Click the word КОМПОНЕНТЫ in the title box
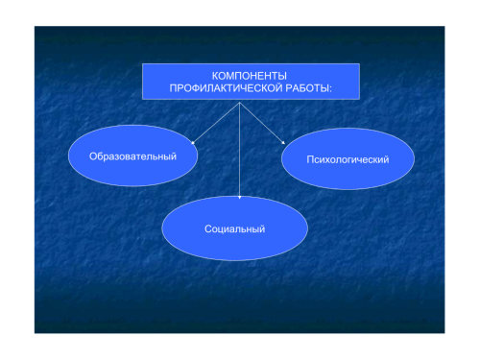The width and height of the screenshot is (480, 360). [250, 76]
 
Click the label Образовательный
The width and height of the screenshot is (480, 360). [132, 156]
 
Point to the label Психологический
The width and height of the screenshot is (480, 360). [348, 159]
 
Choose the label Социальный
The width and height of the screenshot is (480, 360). [235, 228]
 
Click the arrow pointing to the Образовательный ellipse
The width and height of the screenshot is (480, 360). [215, 123]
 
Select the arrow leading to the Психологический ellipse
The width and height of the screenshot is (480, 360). [262, 123]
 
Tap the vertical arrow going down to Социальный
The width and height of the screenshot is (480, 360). [240, 151]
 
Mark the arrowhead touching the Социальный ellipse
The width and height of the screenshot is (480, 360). [240, 198]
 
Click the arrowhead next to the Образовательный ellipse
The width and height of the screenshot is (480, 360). [193, 143]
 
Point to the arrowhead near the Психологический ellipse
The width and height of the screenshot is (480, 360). [283, 143]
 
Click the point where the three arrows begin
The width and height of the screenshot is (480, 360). [240, 103]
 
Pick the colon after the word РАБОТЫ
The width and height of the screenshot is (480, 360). [330, 89]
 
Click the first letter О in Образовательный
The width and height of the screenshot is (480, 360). [93, 156]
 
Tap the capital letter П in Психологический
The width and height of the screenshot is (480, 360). [310, 159]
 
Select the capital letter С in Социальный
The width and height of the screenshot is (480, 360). [208, 228]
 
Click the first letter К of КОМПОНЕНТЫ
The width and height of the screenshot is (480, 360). [215, 76]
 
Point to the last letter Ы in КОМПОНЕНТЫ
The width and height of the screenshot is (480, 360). [282, 76]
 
